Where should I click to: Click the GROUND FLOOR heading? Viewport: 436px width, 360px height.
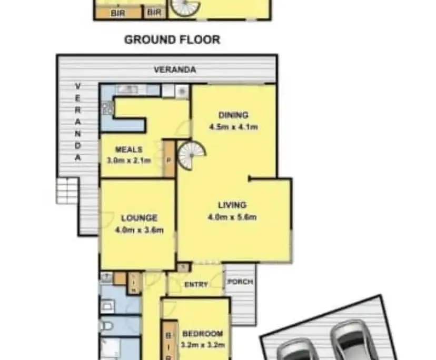[x=172, y=39]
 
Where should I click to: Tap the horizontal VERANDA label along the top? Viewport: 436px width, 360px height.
[x=175, y=69]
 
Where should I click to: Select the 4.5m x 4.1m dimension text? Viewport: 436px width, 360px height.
[x=233, y=127]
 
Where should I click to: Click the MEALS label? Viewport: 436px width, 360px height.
[x=128, y=149]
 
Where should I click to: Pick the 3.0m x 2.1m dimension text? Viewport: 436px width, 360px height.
[x=129, y=160]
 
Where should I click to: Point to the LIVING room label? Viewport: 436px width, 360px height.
[x=233, y=205]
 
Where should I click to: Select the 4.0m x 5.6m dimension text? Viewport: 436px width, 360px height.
[x=233, y=217]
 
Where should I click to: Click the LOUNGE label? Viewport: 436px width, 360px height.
[x=139, y=218]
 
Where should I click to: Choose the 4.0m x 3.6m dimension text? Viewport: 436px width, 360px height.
[x=139, y=229]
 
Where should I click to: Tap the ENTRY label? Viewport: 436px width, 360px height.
[x=196, y=285]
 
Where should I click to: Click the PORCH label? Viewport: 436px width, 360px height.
[x=240, y=282]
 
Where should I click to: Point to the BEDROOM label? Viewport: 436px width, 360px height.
[x=203, y=334]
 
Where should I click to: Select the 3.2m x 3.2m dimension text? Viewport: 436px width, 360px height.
[x=203, y=345]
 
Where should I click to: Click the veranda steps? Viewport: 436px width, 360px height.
[x=67, y=190]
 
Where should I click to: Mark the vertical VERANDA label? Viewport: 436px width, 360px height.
[x=78, y=122]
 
